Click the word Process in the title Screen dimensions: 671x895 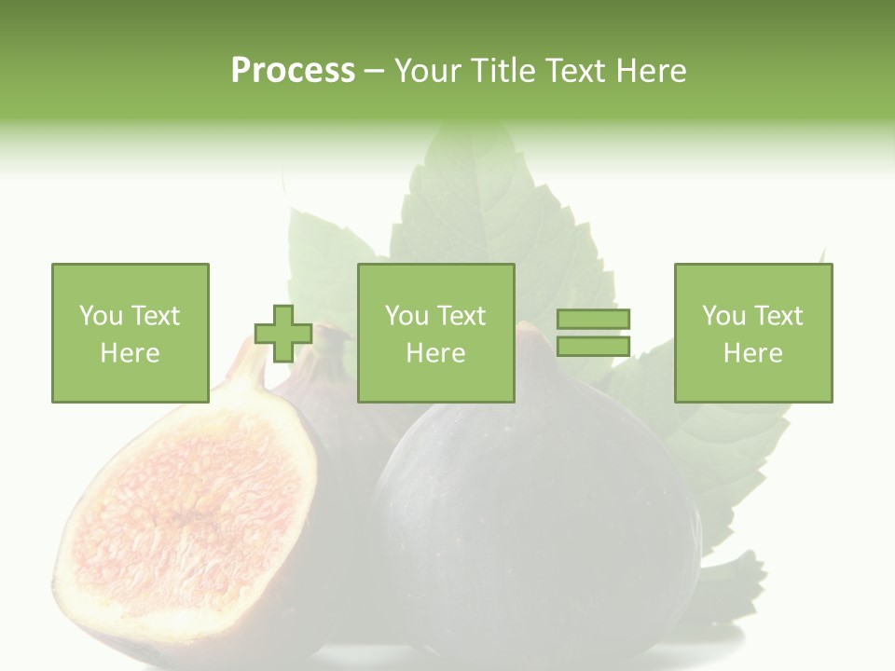293,71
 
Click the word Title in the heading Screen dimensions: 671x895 500,71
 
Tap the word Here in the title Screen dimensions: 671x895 651,71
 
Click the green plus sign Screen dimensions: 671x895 283,334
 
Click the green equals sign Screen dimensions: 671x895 593,333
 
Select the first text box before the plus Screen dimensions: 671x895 131,333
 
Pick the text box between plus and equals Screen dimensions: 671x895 436,333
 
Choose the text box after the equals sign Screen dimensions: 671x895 753,333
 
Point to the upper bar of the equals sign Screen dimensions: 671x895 593,320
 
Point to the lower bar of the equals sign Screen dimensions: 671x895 593,346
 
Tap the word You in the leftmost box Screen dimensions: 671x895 101,316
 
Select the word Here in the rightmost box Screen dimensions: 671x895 753,353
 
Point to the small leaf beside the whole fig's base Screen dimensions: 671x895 732,578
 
